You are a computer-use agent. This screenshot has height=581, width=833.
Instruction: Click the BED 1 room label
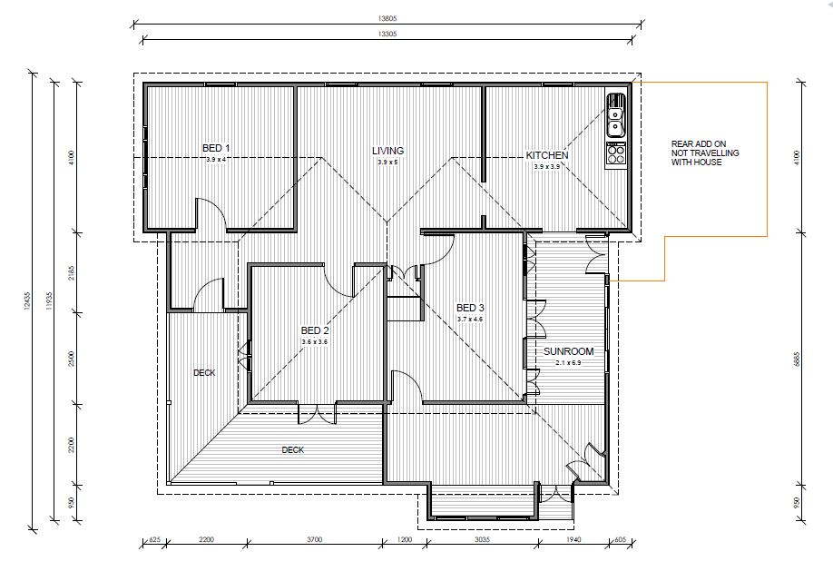(216, 148)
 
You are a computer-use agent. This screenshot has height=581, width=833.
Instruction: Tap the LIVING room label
(387, 151)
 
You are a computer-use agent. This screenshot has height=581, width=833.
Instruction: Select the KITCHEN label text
(547, 155)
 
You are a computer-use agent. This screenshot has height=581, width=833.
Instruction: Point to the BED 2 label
(315, 330)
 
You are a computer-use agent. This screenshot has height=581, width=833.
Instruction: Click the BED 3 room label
(470, 308)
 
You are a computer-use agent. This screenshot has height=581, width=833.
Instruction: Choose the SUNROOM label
(568, 351)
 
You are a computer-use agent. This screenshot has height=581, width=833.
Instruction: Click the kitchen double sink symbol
(616, 113)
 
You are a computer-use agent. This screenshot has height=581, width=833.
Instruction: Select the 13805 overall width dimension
(387, 18)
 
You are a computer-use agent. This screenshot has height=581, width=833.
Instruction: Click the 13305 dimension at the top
(387, 34)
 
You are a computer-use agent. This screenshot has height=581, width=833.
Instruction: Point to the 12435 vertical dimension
(27, 300)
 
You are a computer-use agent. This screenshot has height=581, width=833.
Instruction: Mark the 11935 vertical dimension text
(49, 300)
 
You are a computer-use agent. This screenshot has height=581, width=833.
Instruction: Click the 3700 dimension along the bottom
(315, 539)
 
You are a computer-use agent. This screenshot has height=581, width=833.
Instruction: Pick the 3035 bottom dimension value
(482, 539)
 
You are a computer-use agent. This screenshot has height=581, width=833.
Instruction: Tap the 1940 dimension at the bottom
(573, 539)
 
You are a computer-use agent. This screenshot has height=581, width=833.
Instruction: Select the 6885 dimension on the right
(797, 359)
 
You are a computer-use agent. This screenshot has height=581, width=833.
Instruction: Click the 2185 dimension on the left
(71, 273)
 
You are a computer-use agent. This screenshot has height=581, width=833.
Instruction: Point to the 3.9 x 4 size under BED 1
(216, 159)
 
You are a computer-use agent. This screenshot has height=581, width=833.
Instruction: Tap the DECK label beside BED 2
(204, 372)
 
